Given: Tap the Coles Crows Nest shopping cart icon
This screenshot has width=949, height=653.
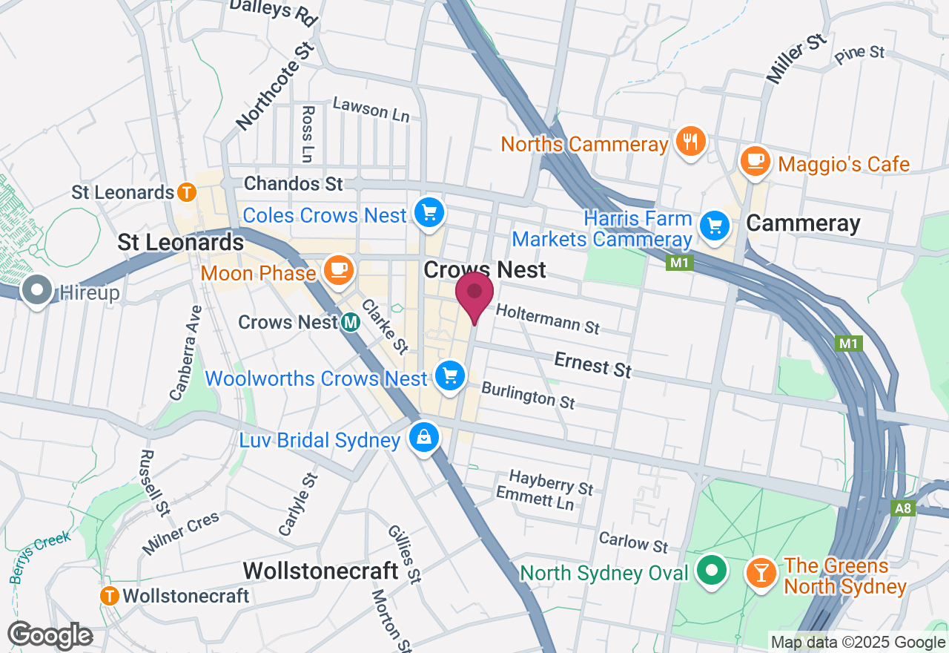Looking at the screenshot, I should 429,214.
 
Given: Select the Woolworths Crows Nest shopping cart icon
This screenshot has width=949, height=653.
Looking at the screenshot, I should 449,377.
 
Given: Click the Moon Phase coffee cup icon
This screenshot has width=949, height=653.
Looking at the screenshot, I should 339,269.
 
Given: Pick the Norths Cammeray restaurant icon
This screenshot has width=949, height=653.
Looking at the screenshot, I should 691,142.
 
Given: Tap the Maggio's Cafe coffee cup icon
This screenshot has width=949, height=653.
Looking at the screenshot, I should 755,160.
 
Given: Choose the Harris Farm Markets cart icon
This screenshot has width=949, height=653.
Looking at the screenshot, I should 715,224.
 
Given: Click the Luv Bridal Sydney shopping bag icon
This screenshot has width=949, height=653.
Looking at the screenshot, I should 423,438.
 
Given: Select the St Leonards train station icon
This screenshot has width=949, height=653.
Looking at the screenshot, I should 187,192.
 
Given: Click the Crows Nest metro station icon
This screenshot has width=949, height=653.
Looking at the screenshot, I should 351,322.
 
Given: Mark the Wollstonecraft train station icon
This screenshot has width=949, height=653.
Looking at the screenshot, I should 110,595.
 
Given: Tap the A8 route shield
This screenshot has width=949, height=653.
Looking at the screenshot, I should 903,508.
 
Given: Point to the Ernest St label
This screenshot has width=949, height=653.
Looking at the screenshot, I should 593,365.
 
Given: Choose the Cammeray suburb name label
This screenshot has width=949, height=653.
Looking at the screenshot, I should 803,223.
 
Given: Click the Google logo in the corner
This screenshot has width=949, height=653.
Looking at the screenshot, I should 50,635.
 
